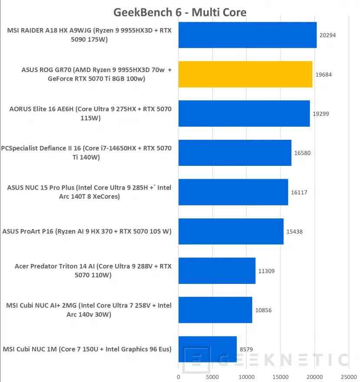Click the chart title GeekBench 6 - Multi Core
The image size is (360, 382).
[180, 12]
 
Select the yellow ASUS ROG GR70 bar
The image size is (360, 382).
[245, 74]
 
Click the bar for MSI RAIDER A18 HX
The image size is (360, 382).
[248, 35]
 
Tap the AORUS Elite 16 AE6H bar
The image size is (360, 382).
[244, 114]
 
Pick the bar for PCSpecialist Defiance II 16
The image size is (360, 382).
[235, 153]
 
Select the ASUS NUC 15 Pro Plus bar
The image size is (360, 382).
[233, 192]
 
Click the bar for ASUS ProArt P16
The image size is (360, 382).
[231, 231]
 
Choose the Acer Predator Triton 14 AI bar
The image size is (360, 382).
[217, 271]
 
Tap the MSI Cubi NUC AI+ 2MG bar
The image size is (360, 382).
[215, 310]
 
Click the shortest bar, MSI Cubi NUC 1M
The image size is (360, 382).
[208, 349]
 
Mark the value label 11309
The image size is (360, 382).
[266, 271]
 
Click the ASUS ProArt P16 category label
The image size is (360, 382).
[87, 231]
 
